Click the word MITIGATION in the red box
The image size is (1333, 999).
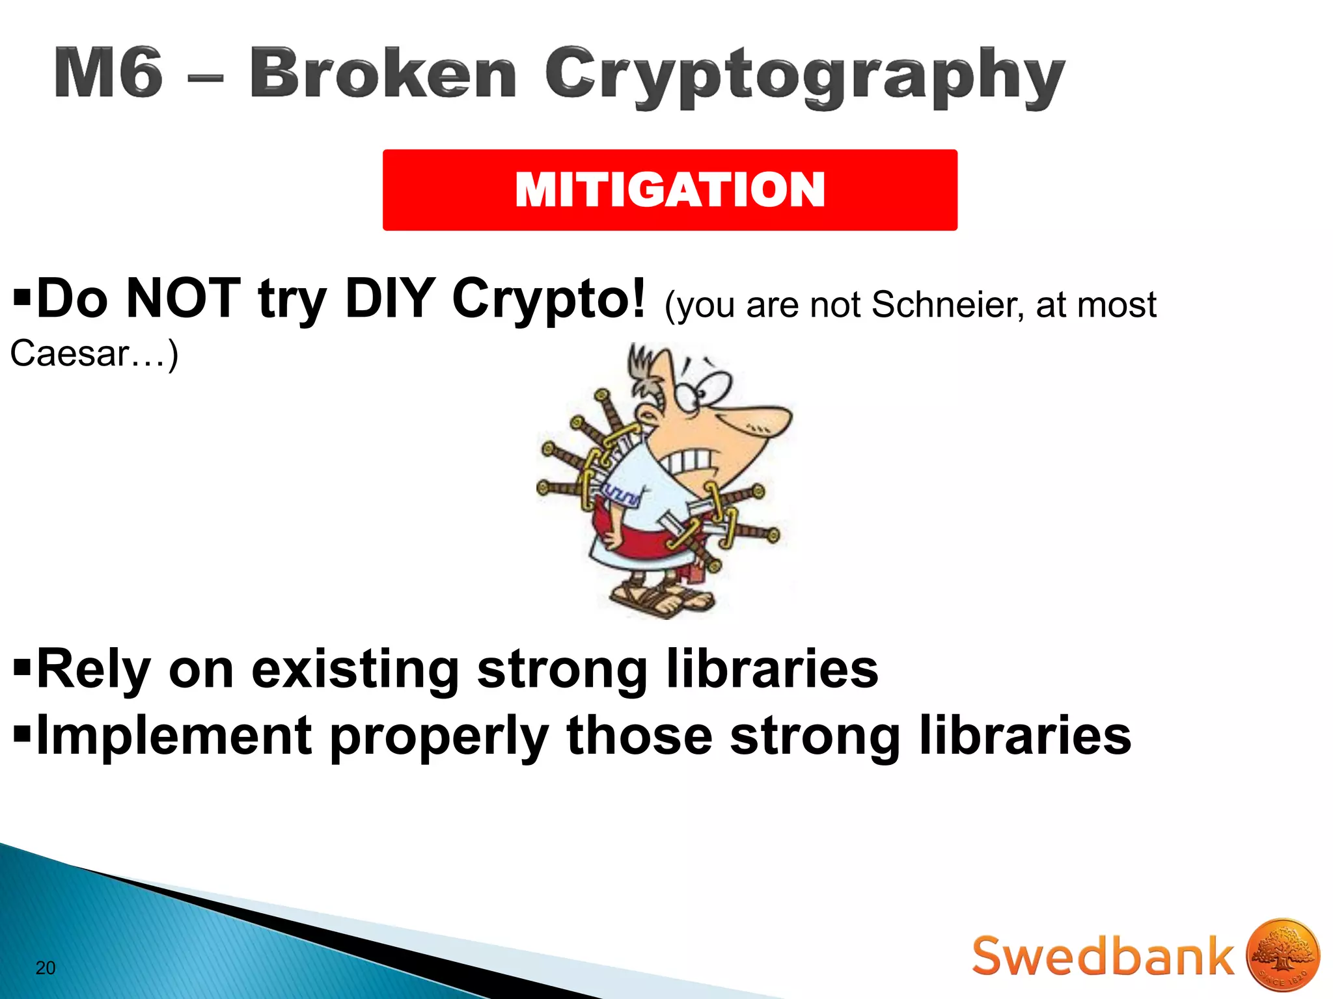point(670,190)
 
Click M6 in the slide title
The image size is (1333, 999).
point(109,73)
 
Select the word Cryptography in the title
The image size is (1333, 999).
point(804,77)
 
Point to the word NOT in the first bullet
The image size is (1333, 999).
point(183,299)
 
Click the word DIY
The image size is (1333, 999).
point(389,299)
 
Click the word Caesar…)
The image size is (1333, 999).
point(94,354)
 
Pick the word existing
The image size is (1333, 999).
point(355,670)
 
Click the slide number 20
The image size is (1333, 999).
point(46,968)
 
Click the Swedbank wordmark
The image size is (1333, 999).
point(1103,956)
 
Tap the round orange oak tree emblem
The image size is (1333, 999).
point(1282,955)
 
